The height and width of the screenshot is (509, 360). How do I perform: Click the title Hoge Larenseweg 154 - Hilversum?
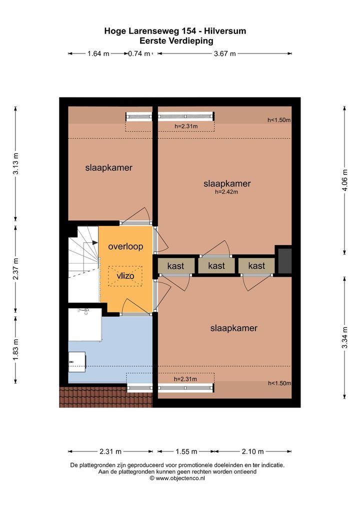[175, 31]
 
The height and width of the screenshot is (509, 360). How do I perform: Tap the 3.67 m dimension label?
[224, 53]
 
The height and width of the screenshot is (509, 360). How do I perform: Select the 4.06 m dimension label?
[344, 180]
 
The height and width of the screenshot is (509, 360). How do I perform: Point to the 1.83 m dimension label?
[15, 349]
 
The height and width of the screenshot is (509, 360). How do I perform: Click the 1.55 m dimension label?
[186, 451]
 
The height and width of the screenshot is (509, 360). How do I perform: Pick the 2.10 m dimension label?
[252, 451]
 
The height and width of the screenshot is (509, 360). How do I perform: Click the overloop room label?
[125, 246]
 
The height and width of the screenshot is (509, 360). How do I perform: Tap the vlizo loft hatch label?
[125, 276]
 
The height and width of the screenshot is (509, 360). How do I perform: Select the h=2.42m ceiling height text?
[226, 192]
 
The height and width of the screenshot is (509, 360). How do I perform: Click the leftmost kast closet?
[176, 266]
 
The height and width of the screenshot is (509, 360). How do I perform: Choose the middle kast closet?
[216, 266]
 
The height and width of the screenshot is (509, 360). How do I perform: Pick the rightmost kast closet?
[256, 266]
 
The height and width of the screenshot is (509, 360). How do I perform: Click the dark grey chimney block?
[285, 260]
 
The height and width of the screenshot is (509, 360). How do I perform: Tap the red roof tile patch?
[106, 396]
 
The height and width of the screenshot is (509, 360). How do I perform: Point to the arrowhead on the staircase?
[95, 242]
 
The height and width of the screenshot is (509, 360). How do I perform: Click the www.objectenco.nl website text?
[177, 478]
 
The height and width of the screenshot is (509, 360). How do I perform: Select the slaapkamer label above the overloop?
[108, 168]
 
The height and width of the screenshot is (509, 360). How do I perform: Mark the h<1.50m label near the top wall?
[279, 120]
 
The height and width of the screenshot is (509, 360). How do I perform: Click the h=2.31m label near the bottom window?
[185, 379]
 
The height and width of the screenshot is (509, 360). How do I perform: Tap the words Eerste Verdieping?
[176, 41]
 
